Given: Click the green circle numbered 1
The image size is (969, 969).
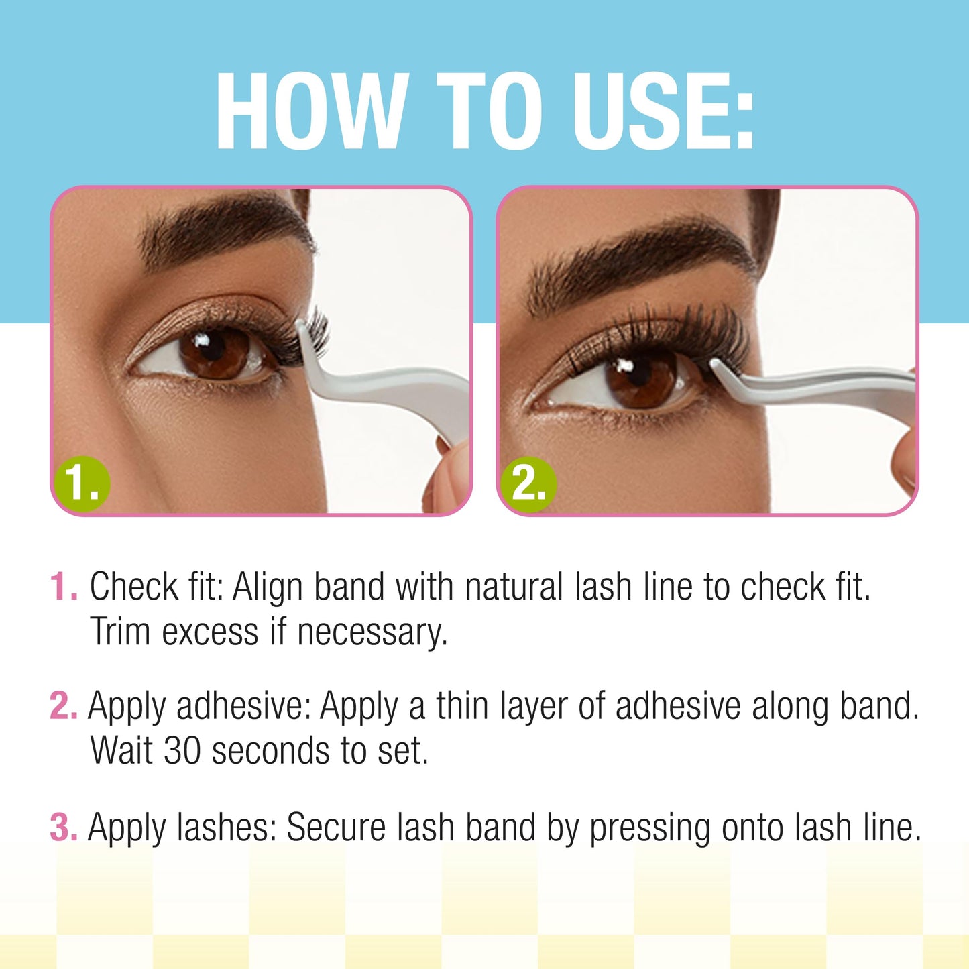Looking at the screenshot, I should click(82, 483).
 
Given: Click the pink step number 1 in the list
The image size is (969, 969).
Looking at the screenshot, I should click(63, 587).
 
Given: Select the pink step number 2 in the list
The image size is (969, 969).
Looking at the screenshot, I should click(63, 706).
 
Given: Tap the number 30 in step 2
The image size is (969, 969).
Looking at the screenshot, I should click(182, 750).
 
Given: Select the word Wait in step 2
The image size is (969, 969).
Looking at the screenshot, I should click(121, 750).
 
